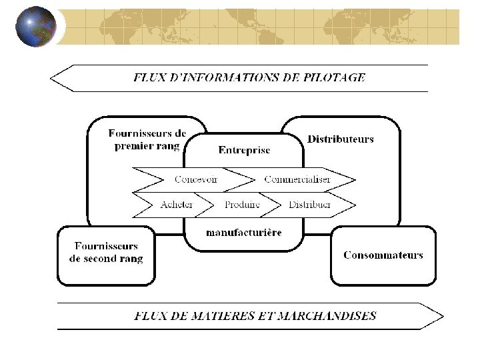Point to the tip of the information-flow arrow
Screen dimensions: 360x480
tap(52, 78)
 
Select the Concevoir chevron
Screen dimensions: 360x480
tap(195, 179)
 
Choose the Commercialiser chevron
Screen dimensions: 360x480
tap(297, 179)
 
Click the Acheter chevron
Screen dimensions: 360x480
tap(177, 205)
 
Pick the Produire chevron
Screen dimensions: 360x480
tap(241, 205)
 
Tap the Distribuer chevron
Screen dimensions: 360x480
tap(309, 205)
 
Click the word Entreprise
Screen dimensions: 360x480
tap(244, 150)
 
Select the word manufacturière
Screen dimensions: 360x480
tap(244, 233)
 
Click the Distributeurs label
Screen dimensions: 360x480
tap(340, 139)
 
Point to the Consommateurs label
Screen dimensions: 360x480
tap(383, 255)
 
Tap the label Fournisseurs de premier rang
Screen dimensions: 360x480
tap(147, 140)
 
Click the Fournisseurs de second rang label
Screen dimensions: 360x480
tap(106, 253)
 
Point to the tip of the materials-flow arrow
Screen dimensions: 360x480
tap(442, 316)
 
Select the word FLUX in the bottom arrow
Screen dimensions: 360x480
tap(149, 316)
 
